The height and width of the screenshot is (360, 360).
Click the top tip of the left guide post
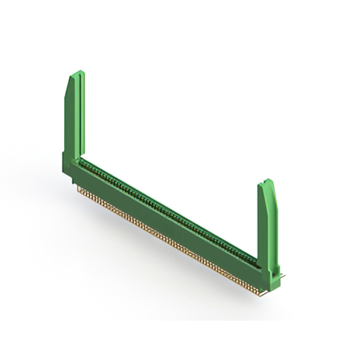point(79,72)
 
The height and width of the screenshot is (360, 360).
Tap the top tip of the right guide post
point(268,181)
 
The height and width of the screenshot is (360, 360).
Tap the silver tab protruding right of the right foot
point(282,276)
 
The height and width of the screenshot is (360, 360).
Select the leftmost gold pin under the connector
point(79,189)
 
